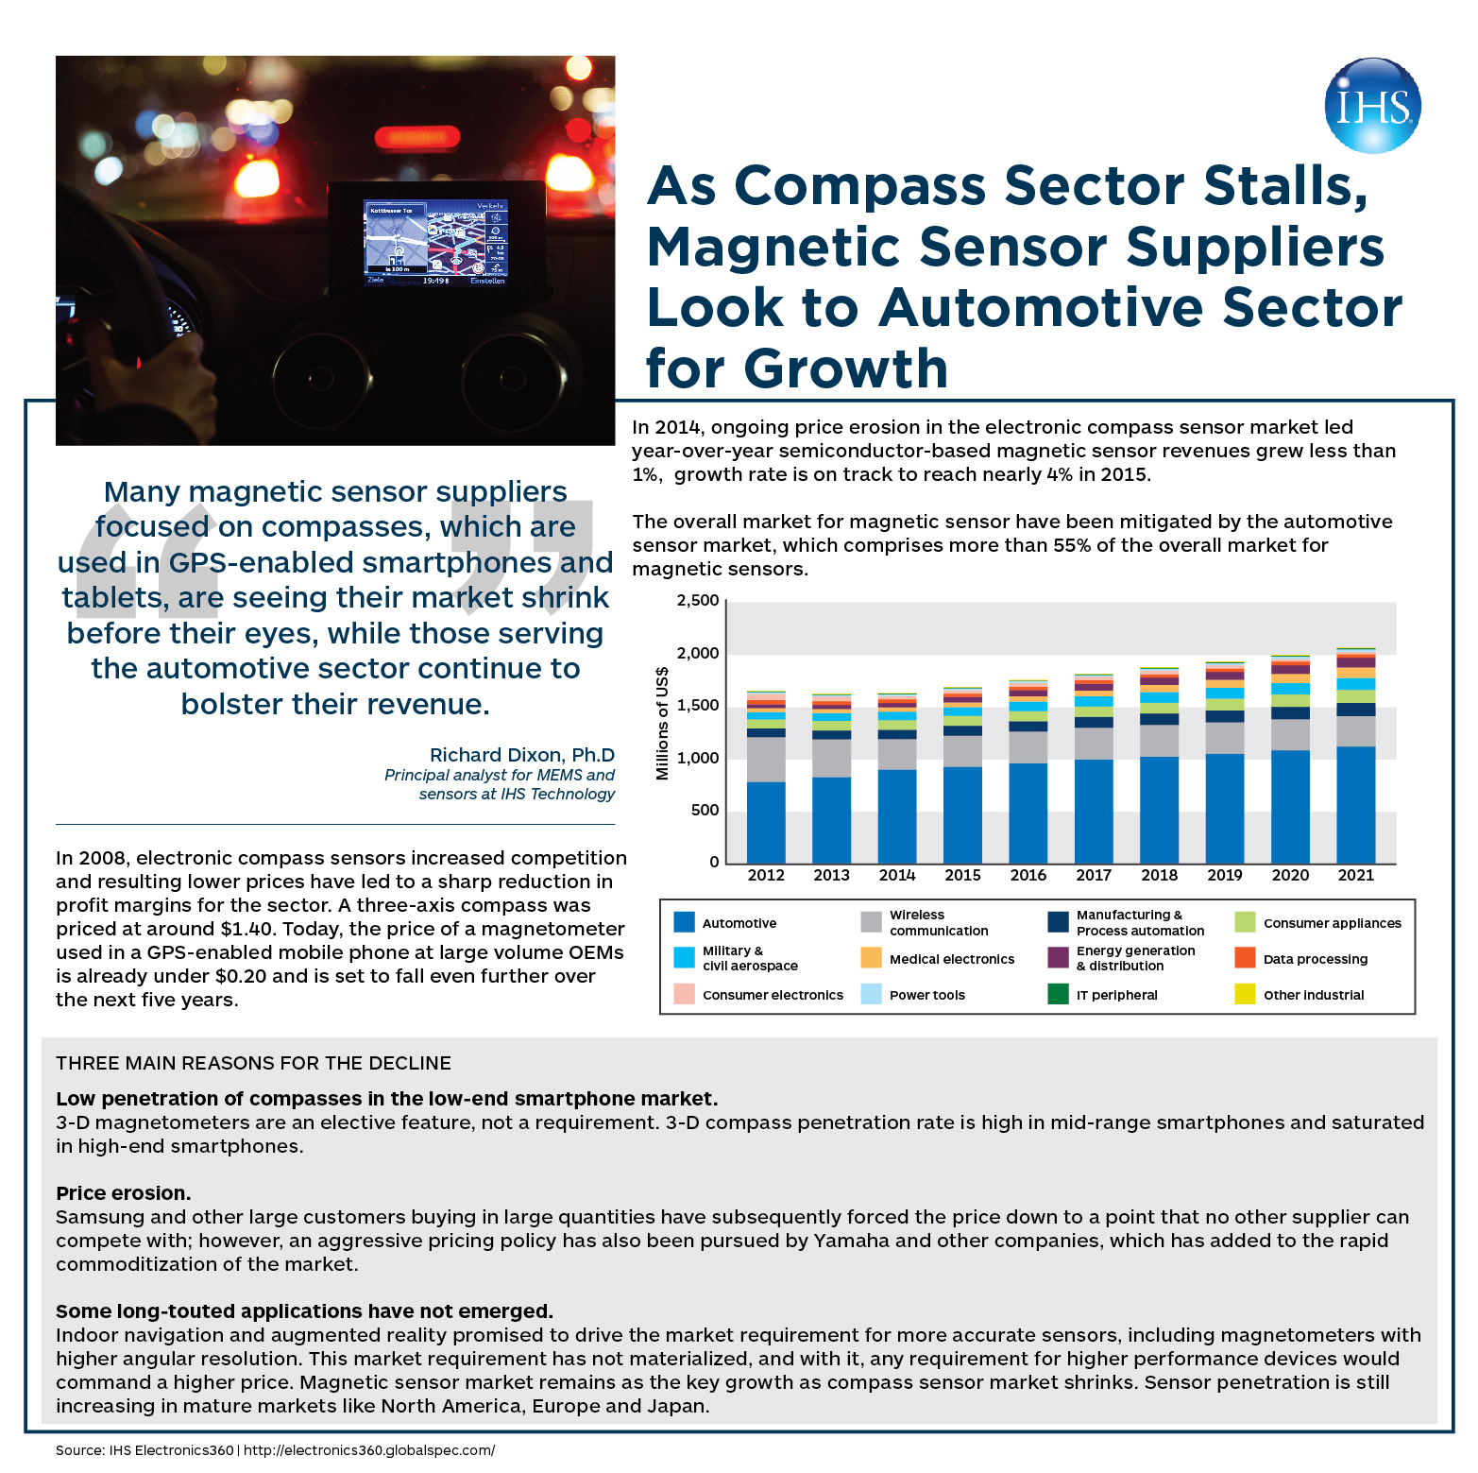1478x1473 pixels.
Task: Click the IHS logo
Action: (1372, 106)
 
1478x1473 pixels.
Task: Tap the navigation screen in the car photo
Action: (436, 242)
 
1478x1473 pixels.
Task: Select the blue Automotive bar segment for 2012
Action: (766, 822)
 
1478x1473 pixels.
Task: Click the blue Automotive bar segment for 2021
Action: (1355, 804)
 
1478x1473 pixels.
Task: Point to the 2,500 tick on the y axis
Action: (698, 601)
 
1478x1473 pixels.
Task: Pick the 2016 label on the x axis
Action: (1028, 875)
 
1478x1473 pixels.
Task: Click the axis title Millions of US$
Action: (662, 723)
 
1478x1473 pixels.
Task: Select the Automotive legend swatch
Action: (685, 922)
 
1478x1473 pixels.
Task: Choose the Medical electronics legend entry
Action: (951, 959)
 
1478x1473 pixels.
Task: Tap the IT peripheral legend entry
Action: (1116, 995)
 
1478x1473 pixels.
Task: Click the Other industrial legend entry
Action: (1313, 995)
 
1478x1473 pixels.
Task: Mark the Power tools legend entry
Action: (926, 995)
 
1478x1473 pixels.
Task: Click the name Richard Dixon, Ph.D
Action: (521, 755)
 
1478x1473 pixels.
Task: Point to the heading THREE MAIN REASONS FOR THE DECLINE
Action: (253, 1063)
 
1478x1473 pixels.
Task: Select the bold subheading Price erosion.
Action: (124, 1193)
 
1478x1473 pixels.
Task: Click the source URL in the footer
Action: (369, 1450)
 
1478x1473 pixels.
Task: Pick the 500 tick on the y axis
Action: (704, 811)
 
